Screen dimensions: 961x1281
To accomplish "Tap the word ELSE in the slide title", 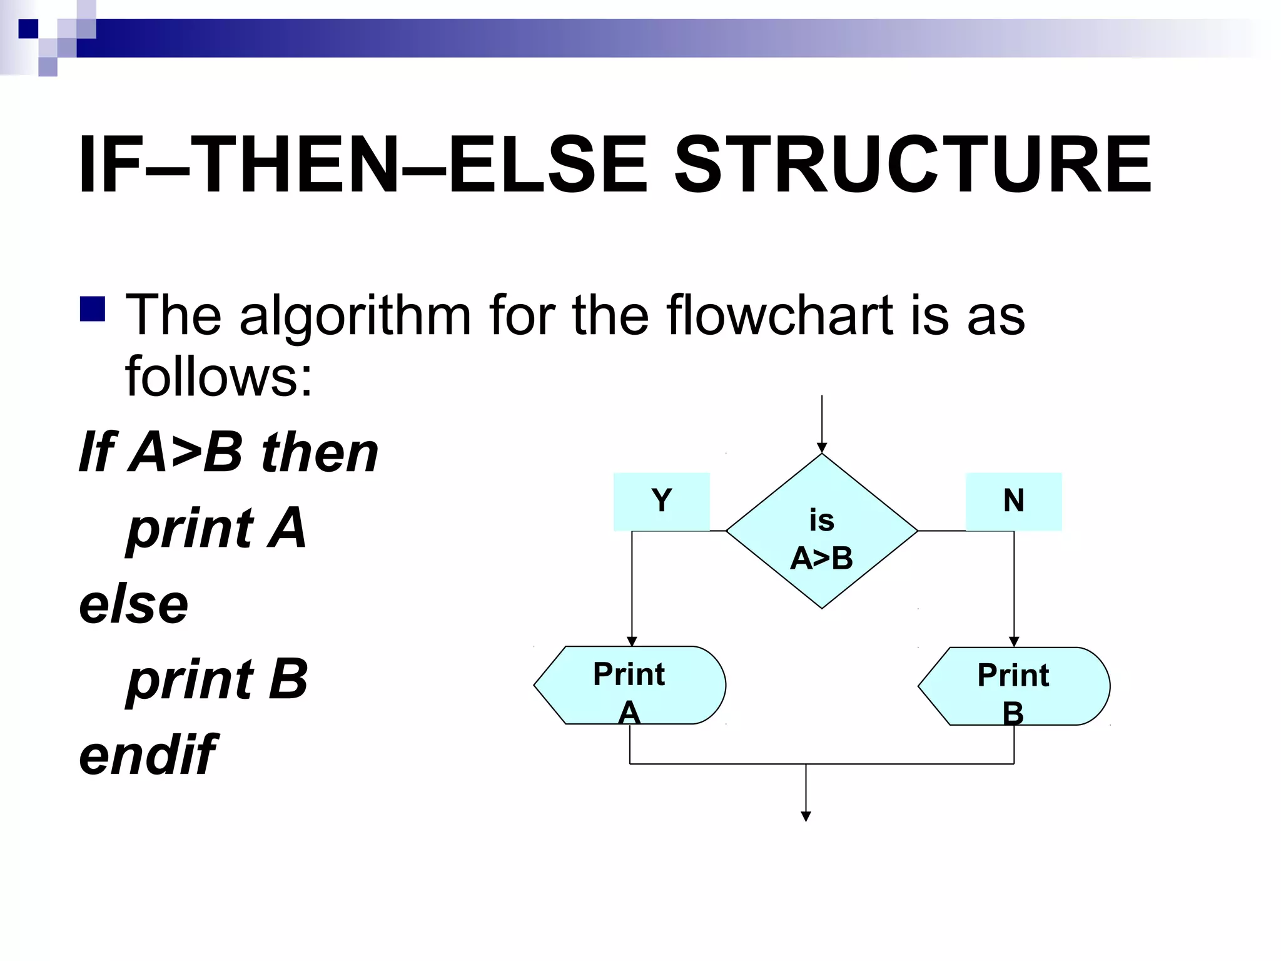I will [x=548, y=165].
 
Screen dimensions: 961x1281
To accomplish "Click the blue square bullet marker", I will [x=93, y=309].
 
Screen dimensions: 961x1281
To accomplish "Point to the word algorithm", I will [x=355, y=317].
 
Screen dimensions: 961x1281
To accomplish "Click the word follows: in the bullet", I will [x=218, y=376].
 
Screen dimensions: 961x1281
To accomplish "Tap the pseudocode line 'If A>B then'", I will [x=228, y=452].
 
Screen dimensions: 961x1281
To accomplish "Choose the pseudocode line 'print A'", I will [x=216, y=528].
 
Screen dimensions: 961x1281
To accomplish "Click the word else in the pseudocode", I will [x=133, y=604].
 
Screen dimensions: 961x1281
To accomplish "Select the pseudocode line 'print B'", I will [x=217, y=679].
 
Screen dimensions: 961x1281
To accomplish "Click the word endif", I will [x=148, y=755].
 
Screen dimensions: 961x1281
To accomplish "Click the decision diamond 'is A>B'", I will [x=821, y=531].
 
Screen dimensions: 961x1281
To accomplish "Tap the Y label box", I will [x=661, y=501].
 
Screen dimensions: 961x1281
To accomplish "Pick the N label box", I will [x=1013, y=501].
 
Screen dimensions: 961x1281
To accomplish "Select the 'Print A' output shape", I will [x=629, y=685].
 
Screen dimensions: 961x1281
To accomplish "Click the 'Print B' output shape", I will [x=1013, y=686].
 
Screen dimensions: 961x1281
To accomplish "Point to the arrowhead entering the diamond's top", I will [x=822, y=448].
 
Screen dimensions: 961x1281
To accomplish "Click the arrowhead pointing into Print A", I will [x=632, y=641].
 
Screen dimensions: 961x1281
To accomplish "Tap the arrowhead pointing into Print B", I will [x=1014, y=642].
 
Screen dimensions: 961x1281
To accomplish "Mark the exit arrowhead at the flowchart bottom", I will [x=806, y=816].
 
